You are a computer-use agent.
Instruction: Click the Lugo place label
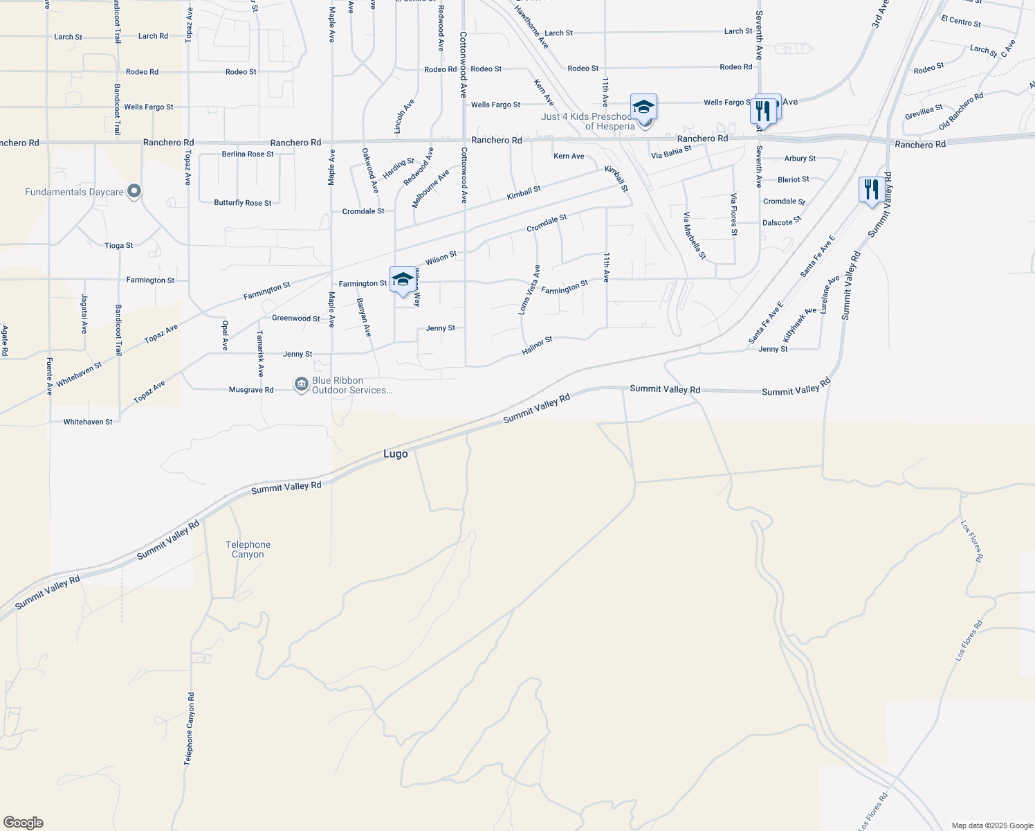coord(396,454)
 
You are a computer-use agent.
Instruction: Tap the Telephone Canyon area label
coord(248,550)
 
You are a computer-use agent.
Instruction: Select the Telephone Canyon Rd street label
coord(189,729)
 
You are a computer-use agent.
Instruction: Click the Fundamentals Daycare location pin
coord(134,191)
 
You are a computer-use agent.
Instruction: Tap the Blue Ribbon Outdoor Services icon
coord(301,384)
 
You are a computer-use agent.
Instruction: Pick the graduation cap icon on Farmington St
coord(403,279)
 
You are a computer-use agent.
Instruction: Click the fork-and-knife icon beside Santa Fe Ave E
coord(871,189)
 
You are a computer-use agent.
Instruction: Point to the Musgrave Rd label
coord(251,390)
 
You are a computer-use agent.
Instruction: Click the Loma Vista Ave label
coord(529,289)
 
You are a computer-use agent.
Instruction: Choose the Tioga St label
coord(119,246)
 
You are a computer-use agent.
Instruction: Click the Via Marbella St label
coord(695,236)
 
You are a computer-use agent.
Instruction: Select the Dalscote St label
coord(781,222)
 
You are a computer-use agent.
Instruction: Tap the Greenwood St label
coord(296,319)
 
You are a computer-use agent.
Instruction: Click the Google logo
coord(23,822)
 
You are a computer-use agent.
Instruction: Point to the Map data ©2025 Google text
coord(992,825)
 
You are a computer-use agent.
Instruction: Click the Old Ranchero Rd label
coord(961,112)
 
